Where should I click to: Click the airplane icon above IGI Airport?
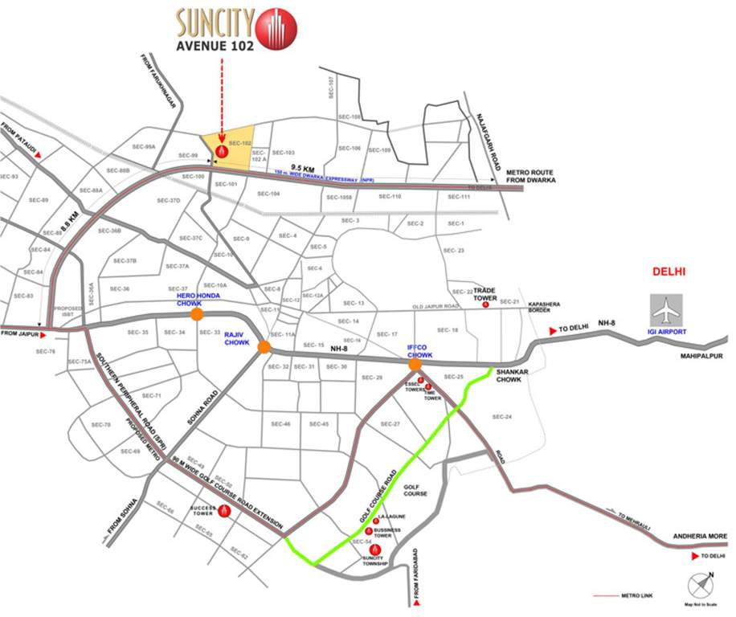point(665,308)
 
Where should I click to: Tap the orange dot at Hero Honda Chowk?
point(196,315)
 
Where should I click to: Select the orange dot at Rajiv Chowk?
point(264,347)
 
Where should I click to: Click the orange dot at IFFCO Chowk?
point(415,366)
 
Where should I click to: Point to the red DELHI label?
point(669,272)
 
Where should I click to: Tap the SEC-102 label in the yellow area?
point(240,143)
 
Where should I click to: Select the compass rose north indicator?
point(698,583)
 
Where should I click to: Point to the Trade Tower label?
point(485,293)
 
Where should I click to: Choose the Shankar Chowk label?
point(509,375)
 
